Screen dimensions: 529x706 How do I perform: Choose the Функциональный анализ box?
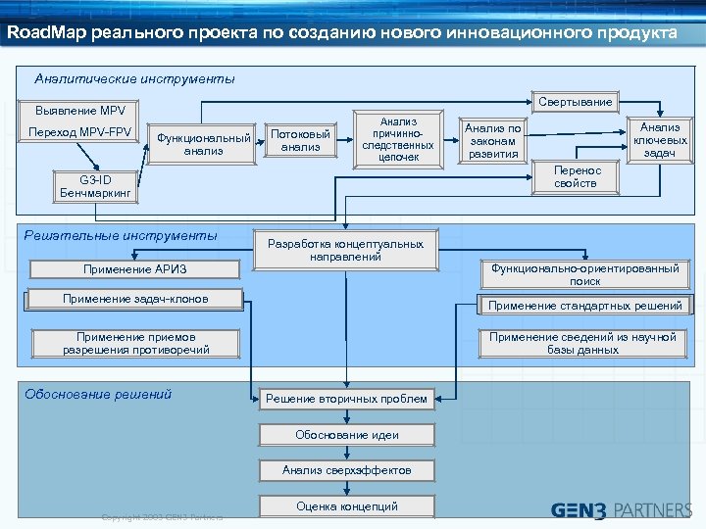(x=204, y=144)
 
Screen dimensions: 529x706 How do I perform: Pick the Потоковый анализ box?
(x=300, y=140)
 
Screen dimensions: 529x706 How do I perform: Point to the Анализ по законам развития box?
(x=493, y=140)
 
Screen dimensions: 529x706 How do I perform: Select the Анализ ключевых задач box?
(x=660, y=140)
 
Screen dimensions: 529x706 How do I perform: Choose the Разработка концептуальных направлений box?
(x=345, y=250)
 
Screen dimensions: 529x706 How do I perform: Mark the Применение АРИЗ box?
(x=135, y=269)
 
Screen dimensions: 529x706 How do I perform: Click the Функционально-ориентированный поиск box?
(x=585, y=274)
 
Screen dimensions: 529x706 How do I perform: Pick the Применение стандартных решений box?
(x=585, y=306)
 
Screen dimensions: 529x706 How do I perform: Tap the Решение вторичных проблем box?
(x=346, y=399)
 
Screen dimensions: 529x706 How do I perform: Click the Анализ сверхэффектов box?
(x=346, y=470)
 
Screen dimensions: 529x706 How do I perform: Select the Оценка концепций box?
(x=346, y=506)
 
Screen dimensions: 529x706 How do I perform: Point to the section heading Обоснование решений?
(x=98, y=394)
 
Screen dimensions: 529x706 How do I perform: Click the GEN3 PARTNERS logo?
(x=622, y=509)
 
